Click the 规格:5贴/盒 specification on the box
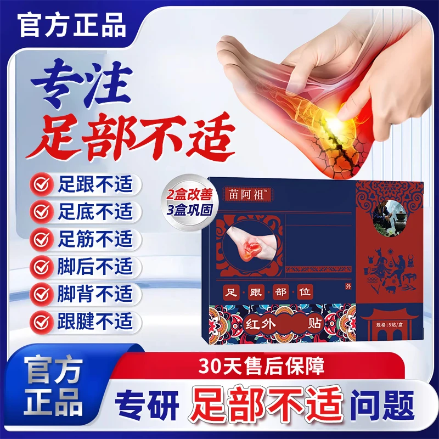(389, 334)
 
